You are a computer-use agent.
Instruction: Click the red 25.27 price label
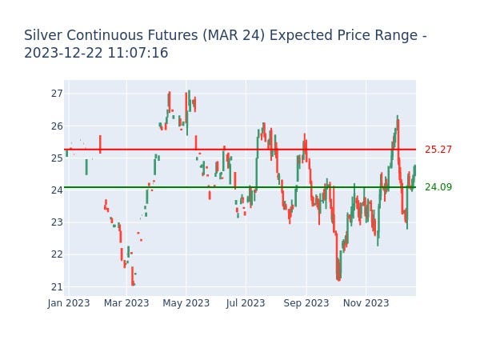(438, 150)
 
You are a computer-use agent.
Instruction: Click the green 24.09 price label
(438, 187)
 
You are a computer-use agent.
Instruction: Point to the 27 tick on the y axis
(56, 94)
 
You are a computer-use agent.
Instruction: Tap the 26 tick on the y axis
(56, 126)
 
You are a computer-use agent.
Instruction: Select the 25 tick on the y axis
(56, 158)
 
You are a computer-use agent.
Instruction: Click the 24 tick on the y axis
(56, 190)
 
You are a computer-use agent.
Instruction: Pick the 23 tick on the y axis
(56, 222)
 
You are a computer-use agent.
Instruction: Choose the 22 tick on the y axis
(56, 254)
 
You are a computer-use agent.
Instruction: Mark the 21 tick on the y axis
(56, 286)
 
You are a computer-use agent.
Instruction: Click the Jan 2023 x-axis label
(68, 303)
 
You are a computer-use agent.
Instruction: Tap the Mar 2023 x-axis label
(126, 303)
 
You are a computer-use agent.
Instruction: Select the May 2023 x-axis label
(186, 303)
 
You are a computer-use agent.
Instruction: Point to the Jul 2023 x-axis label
(246, 303)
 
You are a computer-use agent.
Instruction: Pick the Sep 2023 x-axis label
(306, 303)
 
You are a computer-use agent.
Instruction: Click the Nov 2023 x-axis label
(366, 303)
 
